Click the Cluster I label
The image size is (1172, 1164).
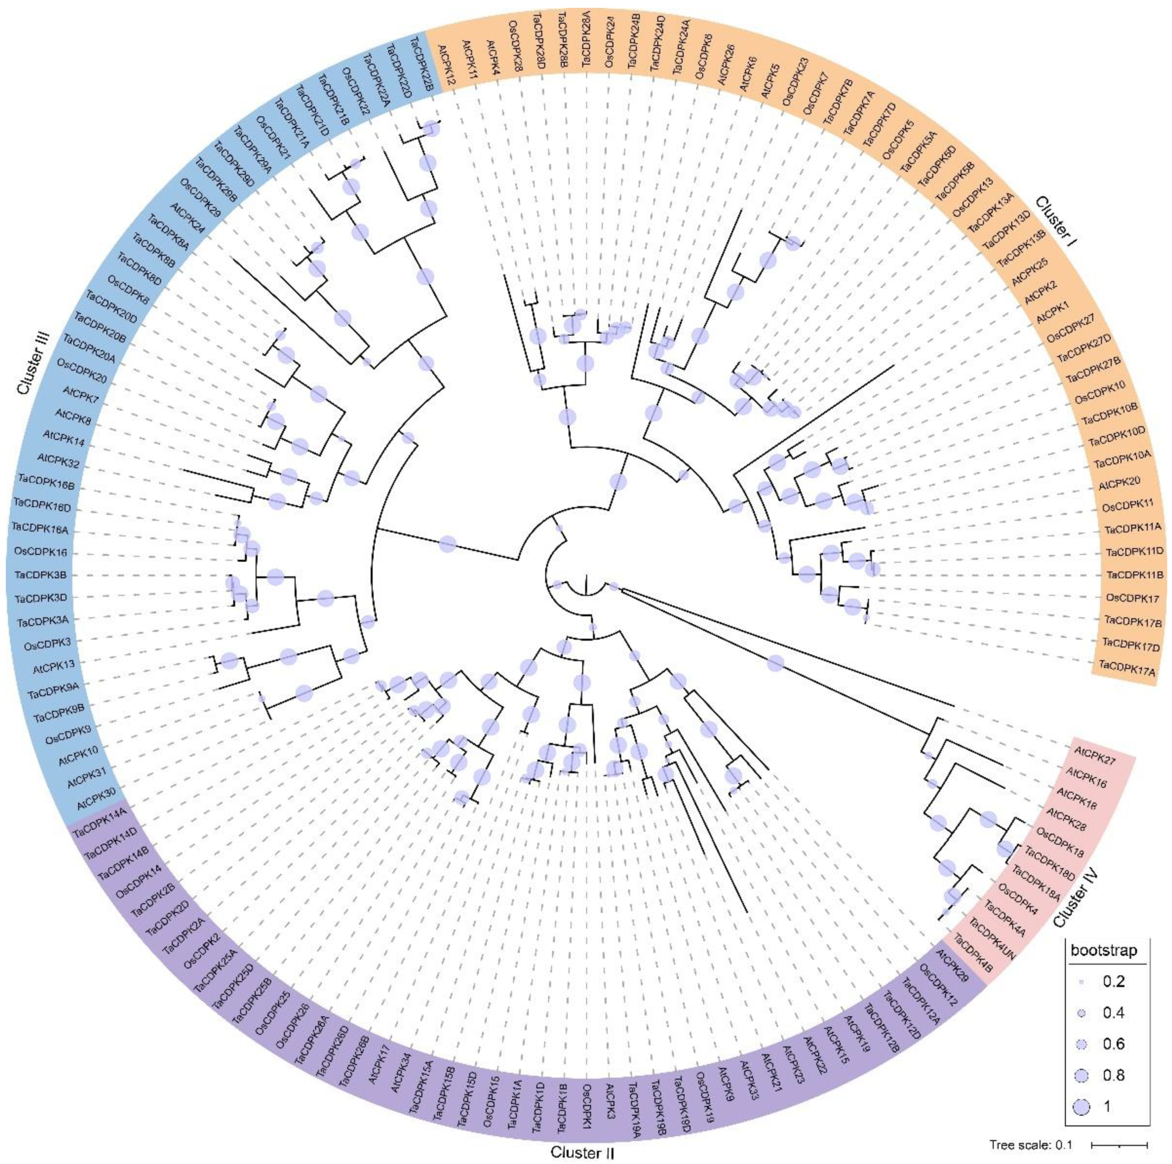click(1056, 221)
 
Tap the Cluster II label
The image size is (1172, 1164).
click(582, 1152)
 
